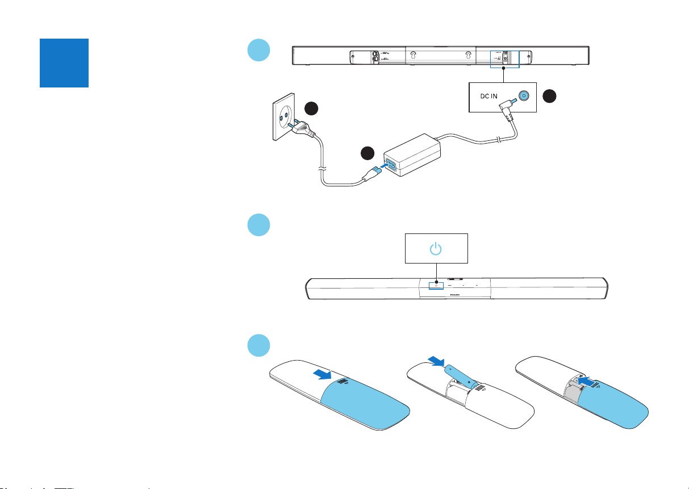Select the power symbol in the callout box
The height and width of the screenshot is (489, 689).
(435, 248)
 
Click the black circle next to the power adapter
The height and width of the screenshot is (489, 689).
(369, 154)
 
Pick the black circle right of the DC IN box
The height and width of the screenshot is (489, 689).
(549, 97)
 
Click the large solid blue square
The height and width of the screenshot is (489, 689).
(64, 63)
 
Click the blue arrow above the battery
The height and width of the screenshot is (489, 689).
(436, 361)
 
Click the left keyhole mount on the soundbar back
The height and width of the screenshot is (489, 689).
(412, 56)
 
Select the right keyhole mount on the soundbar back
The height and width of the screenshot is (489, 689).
(468, 56)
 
